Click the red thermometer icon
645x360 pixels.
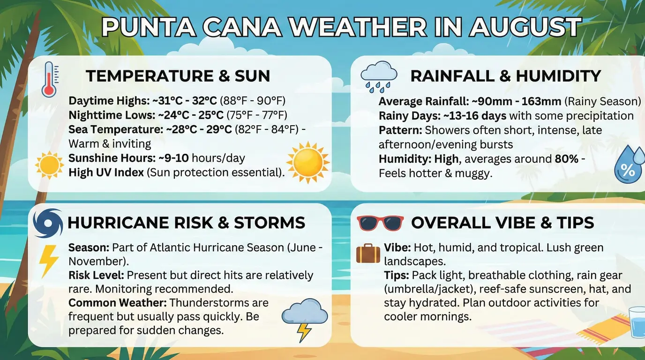pos(50,79)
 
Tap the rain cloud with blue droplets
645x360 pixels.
pos(378,76)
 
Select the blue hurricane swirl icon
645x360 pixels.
pos(48,223)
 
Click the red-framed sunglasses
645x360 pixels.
pos(380,223)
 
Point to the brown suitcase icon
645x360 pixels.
pos(368,254)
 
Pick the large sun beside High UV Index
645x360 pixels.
pos(308,162)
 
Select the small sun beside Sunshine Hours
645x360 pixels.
pos(49,165)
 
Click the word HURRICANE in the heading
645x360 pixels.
pos(118,223)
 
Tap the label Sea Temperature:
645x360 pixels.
pos(116,129)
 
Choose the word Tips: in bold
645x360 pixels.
pos(396,275)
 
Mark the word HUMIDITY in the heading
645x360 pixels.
pos(558,76)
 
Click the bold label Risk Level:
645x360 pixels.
pos(96,275)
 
